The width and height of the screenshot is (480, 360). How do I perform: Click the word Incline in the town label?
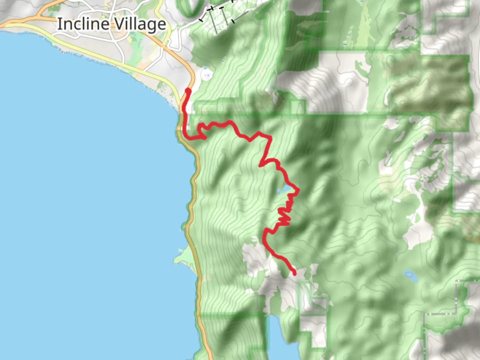[83, 24]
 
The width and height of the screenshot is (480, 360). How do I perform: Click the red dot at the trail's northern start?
[188, 91]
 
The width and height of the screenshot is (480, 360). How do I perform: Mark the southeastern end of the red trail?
[294, 274]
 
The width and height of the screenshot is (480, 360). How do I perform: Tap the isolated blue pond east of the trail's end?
[409, 275]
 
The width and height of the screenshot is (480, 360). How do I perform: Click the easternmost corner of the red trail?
[298, 190]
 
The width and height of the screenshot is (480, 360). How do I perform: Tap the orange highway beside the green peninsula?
[197, 260]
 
